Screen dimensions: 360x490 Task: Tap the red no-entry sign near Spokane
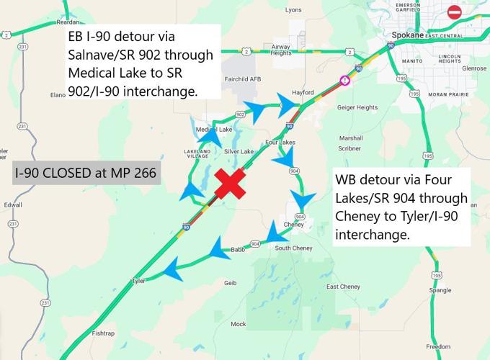(454, 12)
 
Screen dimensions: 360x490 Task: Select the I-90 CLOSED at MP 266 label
(86, 174)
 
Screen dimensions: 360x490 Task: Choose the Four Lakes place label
(280, 143)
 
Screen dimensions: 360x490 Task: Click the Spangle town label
(440, 290)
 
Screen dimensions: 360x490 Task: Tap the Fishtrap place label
(103, 333)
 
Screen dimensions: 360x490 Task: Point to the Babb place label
(238, 250)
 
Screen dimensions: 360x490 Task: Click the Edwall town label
(13, 204)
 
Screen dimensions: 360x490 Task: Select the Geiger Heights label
(357, 107)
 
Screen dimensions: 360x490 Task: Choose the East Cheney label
(342, 287)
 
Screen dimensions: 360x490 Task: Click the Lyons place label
(293, 10)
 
